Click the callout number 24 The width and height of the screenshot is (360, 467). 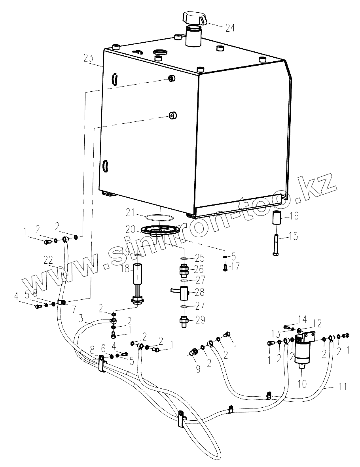pyautogui.click(x=230, y=28)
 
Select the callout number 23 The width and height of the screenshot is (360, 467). pyautogui.click(x=89, y=58)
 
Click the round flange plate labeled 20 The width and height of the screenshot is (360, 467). pyautogui.click(x=160, y=231)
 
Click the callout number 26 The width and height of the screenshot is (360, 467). pyautogui.click(x=199, y=270)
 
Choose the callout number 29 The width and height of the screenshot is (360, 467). pyautogui.click(x=200, y=320)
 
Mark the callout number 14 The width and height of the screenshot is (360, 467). pyautogui.click(x=302, y=318)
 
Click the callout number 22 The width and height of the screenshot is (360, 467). pyautogui.click(x=48, y=260)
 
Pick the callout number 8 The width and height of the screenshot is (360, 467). pyautogui.click(x=92, y=350)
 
